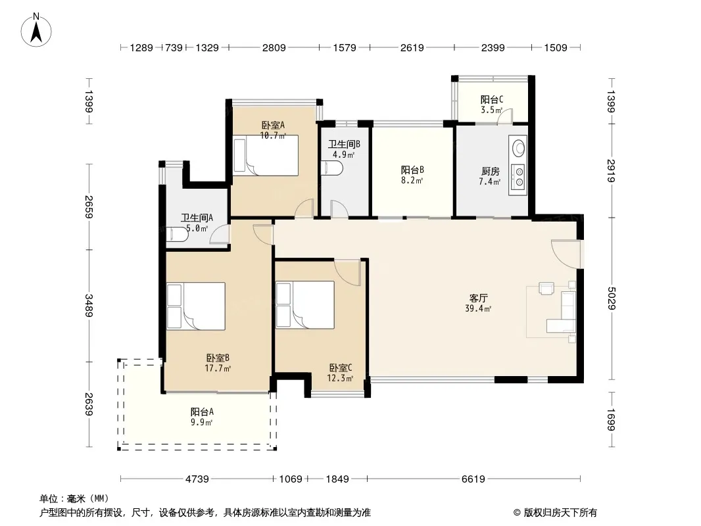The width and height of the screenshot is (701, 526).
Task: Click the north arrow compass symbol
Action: point(36,30)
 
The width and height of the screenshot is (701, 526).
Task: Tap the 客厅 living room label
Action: point(478,298)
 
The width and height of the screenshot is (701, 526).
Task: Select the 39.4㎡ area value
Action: point(478,308)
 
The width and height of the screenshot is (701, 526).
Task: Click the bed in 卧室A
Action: point(266,156)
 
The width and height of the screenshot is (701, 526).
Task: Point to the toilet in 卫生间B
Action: point(332,168)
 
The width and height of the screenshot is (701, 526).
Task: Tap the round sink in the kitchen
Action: point(519,149)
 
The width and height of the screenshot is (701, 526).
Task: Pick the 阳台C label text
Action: point(492,99)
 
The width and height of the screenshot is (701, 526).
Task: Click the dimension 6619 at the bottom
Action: point(473,479)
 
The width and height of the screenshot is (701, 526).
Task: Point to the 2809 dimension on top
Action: point(274,47)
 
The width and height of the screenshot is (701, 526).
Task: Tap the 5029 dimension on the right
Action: point(611,298)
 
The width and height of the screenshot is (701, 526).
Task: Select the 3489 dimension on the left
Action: point(89,306)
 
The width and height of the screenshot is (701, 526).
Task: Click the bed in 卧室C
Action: point(305,305)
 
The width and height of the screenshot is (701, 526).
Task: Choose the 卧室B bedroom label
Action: point(218,358)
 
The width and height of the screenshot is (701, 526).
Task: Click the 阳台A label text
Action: point(202,412)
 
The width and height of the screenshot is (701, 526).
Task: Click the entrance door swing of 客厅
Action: point(566,254)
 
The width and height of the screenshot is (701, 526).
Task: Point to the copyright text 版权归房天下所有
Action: point(560,513)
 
